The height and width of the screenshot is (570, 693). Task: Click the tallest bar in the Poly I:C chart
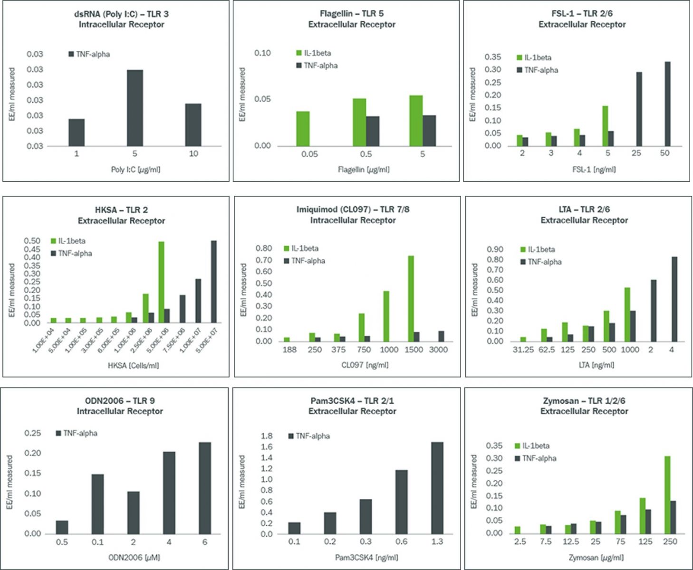(x=135, y=108)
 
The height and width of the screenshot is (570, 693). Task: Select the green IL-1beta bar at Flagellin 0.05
(x=303, y=129)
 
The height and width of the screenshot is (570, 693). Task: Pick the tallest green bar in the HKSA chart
(x=161, y=282)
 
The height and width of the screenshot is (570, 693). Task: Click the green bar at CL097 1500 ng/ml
(x=411, y=298)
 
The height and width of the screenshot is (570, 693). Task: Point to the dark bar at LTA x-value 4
(x=674, y=299)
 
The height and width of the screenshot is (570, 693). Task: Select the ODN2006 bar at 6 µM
(x=205, y=488)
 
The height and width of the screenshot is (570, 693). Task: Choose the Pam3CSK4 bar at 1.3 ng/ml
(x=437, y=488)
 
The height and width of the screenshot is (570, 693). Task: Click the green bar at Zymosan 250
(x=667, y=494)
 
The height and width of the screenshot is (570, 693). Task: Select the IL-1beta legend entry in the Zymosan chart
(x=532, y=446)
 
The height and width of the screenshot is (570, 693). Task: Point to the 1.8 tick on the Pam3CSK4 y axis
(x=267, y=436)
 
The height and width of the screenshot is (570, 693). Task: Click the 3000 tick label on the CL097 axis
(x=438, y=350)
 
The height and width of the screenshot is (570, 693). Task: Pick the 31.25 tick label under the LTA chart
(x=523, y=350)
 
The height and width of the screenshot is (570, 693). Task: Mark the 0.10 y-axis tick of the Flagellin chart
(x=262, y=53)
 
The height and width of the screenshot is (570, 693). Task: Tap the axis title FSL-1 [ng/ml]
(x=594, y=169)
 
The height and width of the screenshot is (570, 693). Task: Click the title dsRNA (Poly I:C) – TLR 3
(x=121, y=14)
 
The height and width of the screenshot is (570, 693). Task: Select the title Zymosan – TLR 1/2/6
(x=584, y=400)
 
